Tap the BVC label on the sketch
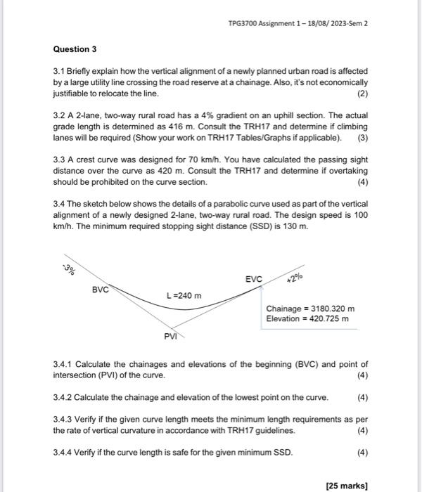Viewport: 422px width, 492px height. click(x=101, y=289)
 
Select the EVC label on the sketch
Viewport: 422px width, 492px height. click(x=253, y=279)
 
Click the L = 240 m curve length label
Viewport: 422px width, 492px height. click(x=184, y=295)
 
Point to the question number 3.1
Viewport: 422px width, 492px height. click(x=60, y=72)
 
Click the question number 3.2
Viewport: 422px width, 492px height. click(x=60, y=114)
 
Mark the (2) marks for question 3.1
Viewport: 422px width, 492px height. click(x=362, y=93)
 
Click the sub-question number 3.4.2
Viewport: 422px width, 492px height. click(x=62, y=397)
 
